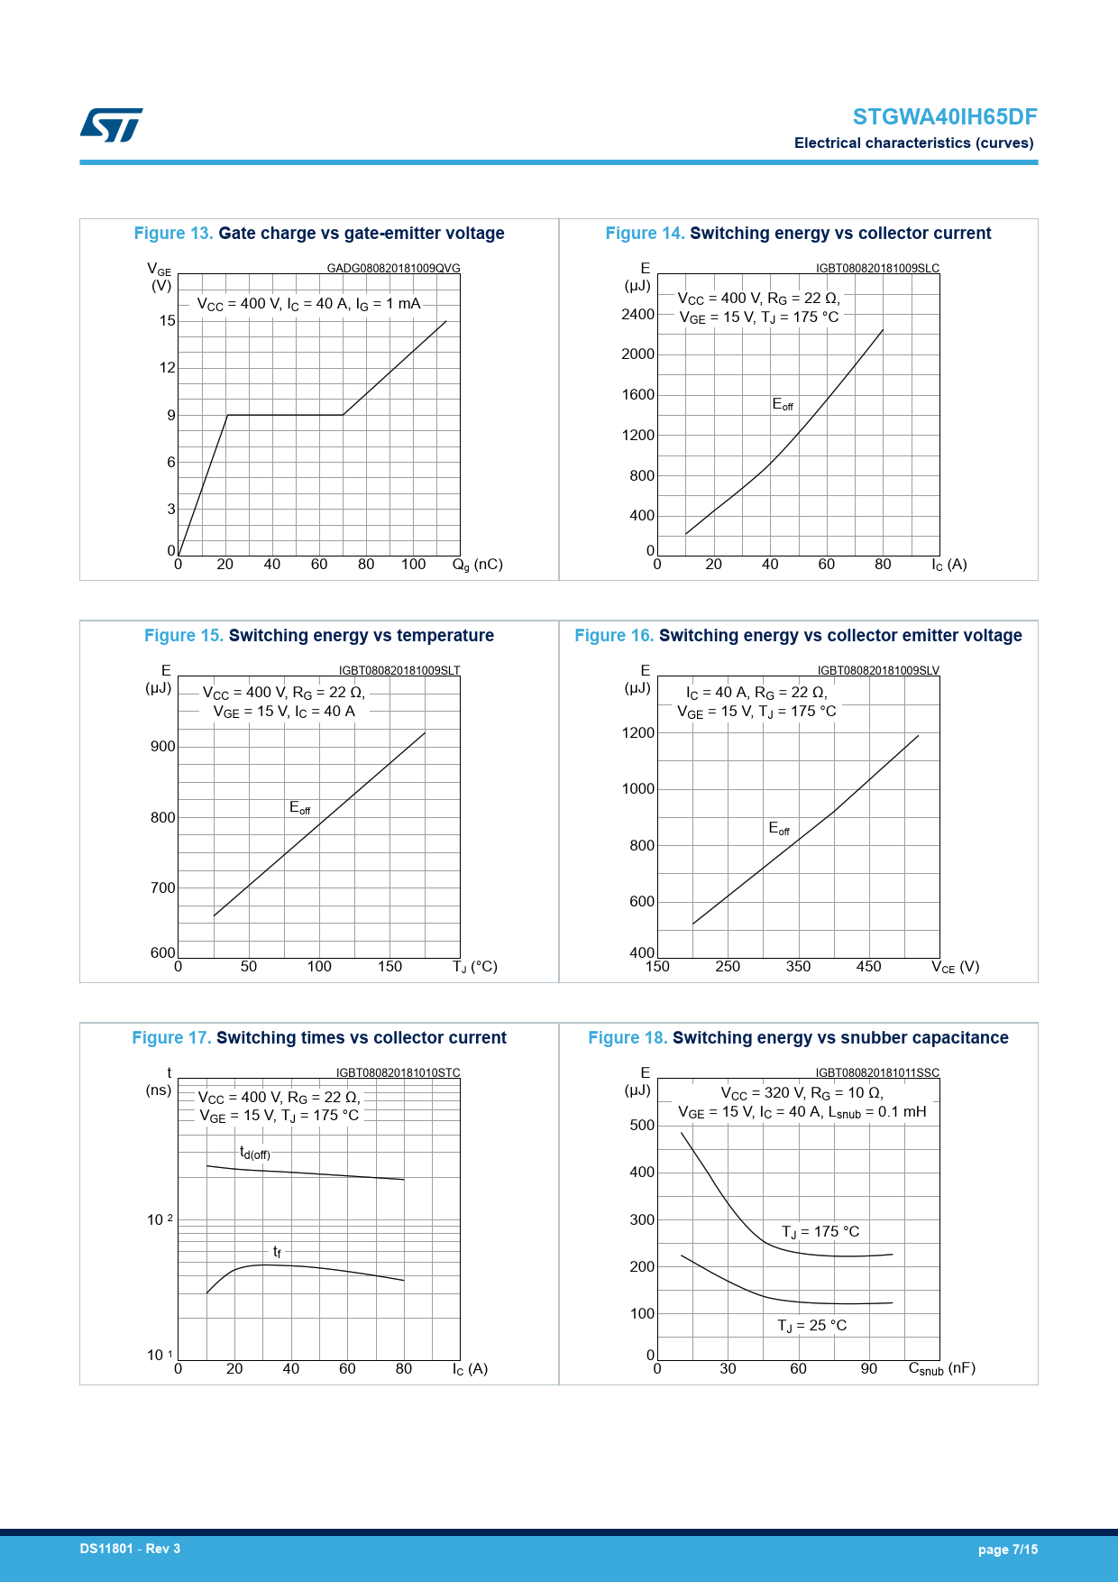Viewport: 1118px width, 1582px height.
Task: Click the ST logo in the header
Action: click(x=111, y=125)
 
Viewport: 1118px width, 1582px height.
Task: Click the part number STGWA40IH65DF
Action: click(x=944, y=117)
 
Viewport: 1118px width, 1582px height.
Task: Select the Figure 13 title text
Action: click(x=319, y=234)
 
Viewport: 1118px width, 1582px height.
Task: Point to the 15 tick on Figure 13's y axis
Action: click(x=168, y=321)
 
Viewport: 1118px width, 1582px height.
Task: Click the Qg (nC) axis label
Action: click(x=477, y=565)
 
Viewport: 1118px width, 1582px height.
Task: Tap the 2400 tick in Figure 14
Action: click(x=637, y=315)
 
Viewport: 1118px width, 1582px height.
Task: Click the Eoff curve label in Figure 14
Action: click(x=782, y=405)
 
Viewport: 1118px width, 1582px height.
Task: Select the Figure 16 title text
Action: click(x=798, y=636)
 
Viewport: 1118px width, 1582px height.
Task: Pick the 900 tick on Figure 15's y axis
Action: click(x=163, y=747)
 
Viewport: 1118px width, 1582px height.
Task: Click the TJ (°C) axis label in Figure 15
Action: click(x=474, y=967)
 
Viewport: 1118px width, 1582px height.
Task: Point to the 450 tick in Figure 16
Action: click(x=868, y=967)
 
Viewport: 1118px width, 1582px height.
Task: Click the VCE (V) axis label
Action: click(x=955, y=967)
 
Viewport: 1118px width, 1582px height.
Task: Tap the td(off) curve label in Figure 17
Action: click(x=254, y=1154)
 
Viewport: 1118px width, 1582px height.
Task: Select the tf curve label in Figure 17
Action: click(x=277, y=1252)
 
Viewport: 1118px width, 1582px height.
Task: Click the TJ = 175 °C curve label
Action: click(x=820, y=1232)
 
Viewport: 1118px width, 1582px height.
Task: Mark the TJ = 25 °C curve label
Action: click(x=811, y=1326)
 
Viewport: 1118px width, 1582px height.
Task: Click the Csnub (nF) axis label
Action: click(x=941, y=1369)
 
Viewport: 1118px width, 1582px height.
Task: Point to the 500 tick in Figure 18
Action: click(x=642, y=1126)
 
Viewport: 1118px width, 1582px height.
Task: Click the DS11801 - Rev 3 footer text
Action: click(x=130, y=1549)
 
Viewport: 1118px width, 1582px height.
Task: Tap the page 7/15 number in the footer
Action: click(x=1007, y=1550)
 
